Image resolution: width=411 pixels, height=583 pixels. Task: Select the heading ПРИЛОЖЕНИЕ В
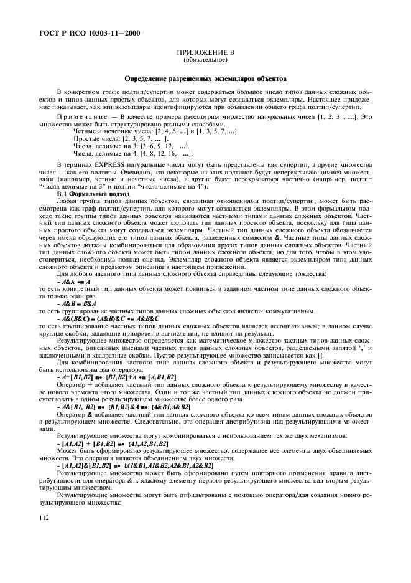pos(205,54)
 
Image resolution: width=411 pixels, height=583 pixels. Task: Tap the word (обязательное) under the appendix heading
pos(205,60)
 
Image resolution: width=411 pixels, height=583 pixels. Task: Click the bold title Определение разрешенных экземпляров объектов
pos(205,80)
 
